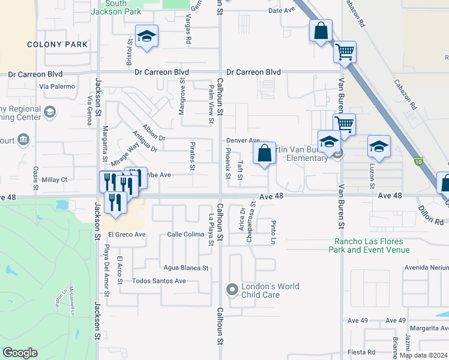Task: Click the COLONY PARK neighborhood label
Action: point(58,44)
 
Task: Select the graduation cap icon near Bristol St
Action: point(146,37)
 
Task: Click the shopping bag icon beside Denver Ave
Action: point(265,154)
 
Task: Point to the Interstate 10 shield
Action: point(418,162)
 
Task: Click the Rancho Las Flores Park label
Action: point(372,246)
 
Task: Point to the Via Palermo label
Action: point(57,86)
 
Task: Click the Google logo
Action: point(20,353)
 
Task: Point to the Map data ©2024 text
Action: point(424,355)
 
